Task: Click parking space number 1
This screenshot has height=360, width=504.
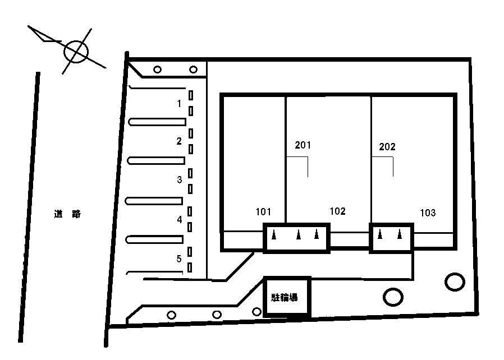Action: click(x=179, y=103)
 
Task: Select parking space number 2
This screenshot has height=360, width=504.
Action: click(x=179, y=141)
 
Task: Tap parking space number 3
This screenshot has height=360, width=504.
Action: click(x=180, y=179)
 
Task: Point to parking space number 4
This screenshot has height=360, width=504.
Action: click(x=180, y=219)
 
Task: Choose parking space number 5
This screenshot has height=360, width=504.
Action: click(x=179, y=259)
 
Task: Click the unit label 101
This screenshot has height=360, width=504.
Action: click(x=263, y=211)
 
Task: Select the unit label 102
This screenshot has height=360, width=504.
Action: click(x=337, y=211)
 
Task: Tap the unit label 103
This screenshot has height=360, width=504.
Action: click(x=428, y=213)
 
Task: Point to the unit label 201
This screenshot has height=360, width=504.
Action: click(x=303, y=145)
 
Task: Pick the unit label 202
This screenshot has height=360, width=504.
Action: click(x=387, y=146)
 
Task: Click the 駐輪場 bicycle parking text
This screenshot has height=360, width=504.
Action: click(x=284, y=297)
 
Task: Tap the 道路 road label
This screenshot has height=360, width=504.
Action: click(x=67, y=214)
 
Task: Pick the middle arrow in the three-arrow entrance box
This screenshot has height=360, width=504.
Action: click(x=299, y=234)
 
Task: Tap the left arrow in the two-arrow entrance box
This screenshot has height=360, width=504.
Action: click(x=379, y=234)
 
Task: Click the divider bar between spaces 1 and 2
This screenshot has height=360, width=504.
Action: click(x=157, y=122)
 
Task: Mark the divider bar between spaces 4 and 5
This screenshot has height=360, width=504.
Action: click(x=154, y=239)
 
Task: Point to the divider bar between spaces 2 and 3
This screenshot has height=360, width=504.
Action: click(x=156, y=160)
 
